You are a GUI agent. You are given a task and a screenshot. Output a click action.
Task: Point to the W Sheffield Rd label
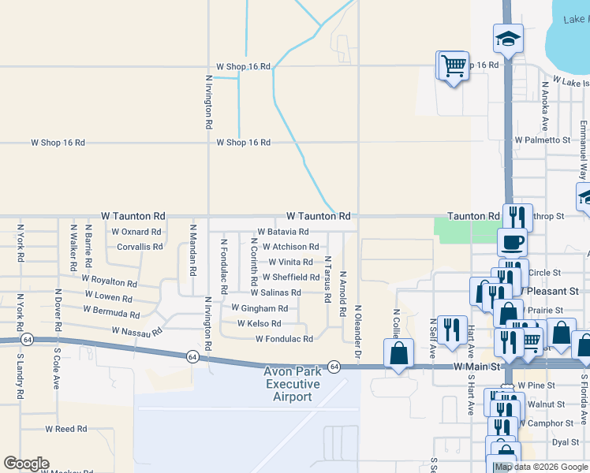[291, 277]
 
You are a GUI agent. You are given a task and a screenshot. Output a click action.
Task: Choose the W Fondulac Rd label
[284, 339]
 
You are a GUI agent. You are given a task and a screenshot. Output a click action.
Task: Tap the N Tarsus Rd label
[327, 278]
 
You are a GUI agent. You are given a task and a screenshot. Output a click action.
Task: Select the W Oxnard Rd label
[136, 232]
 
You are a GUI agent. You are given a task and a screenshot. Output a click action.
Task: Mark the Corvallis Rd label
[140, 246]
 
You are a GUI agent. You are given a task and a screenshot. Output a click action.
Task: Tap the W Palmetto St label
[542, 140]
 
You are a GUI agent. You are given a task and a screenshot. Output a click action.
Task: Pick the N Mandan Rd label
[192, 250]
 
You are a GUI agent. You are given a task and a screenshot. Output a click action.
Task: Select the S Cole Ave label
[57, 369]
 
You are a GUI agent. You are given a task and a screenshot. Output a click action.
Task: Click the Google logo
[26, 464]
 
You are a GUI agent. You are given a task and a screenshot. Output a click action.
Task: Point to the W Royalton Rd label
[109, 281]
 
